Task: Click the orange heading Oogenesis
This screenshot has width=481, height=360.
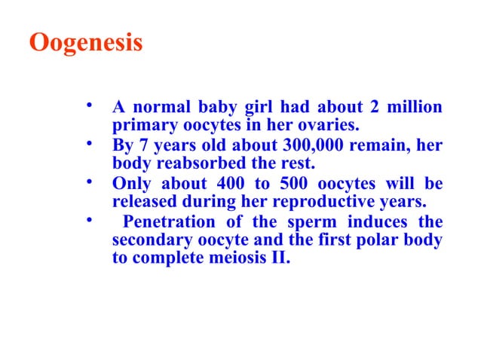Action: (85, 42)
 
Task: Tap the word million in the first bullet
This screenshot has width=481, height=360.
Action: (415, 107)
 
